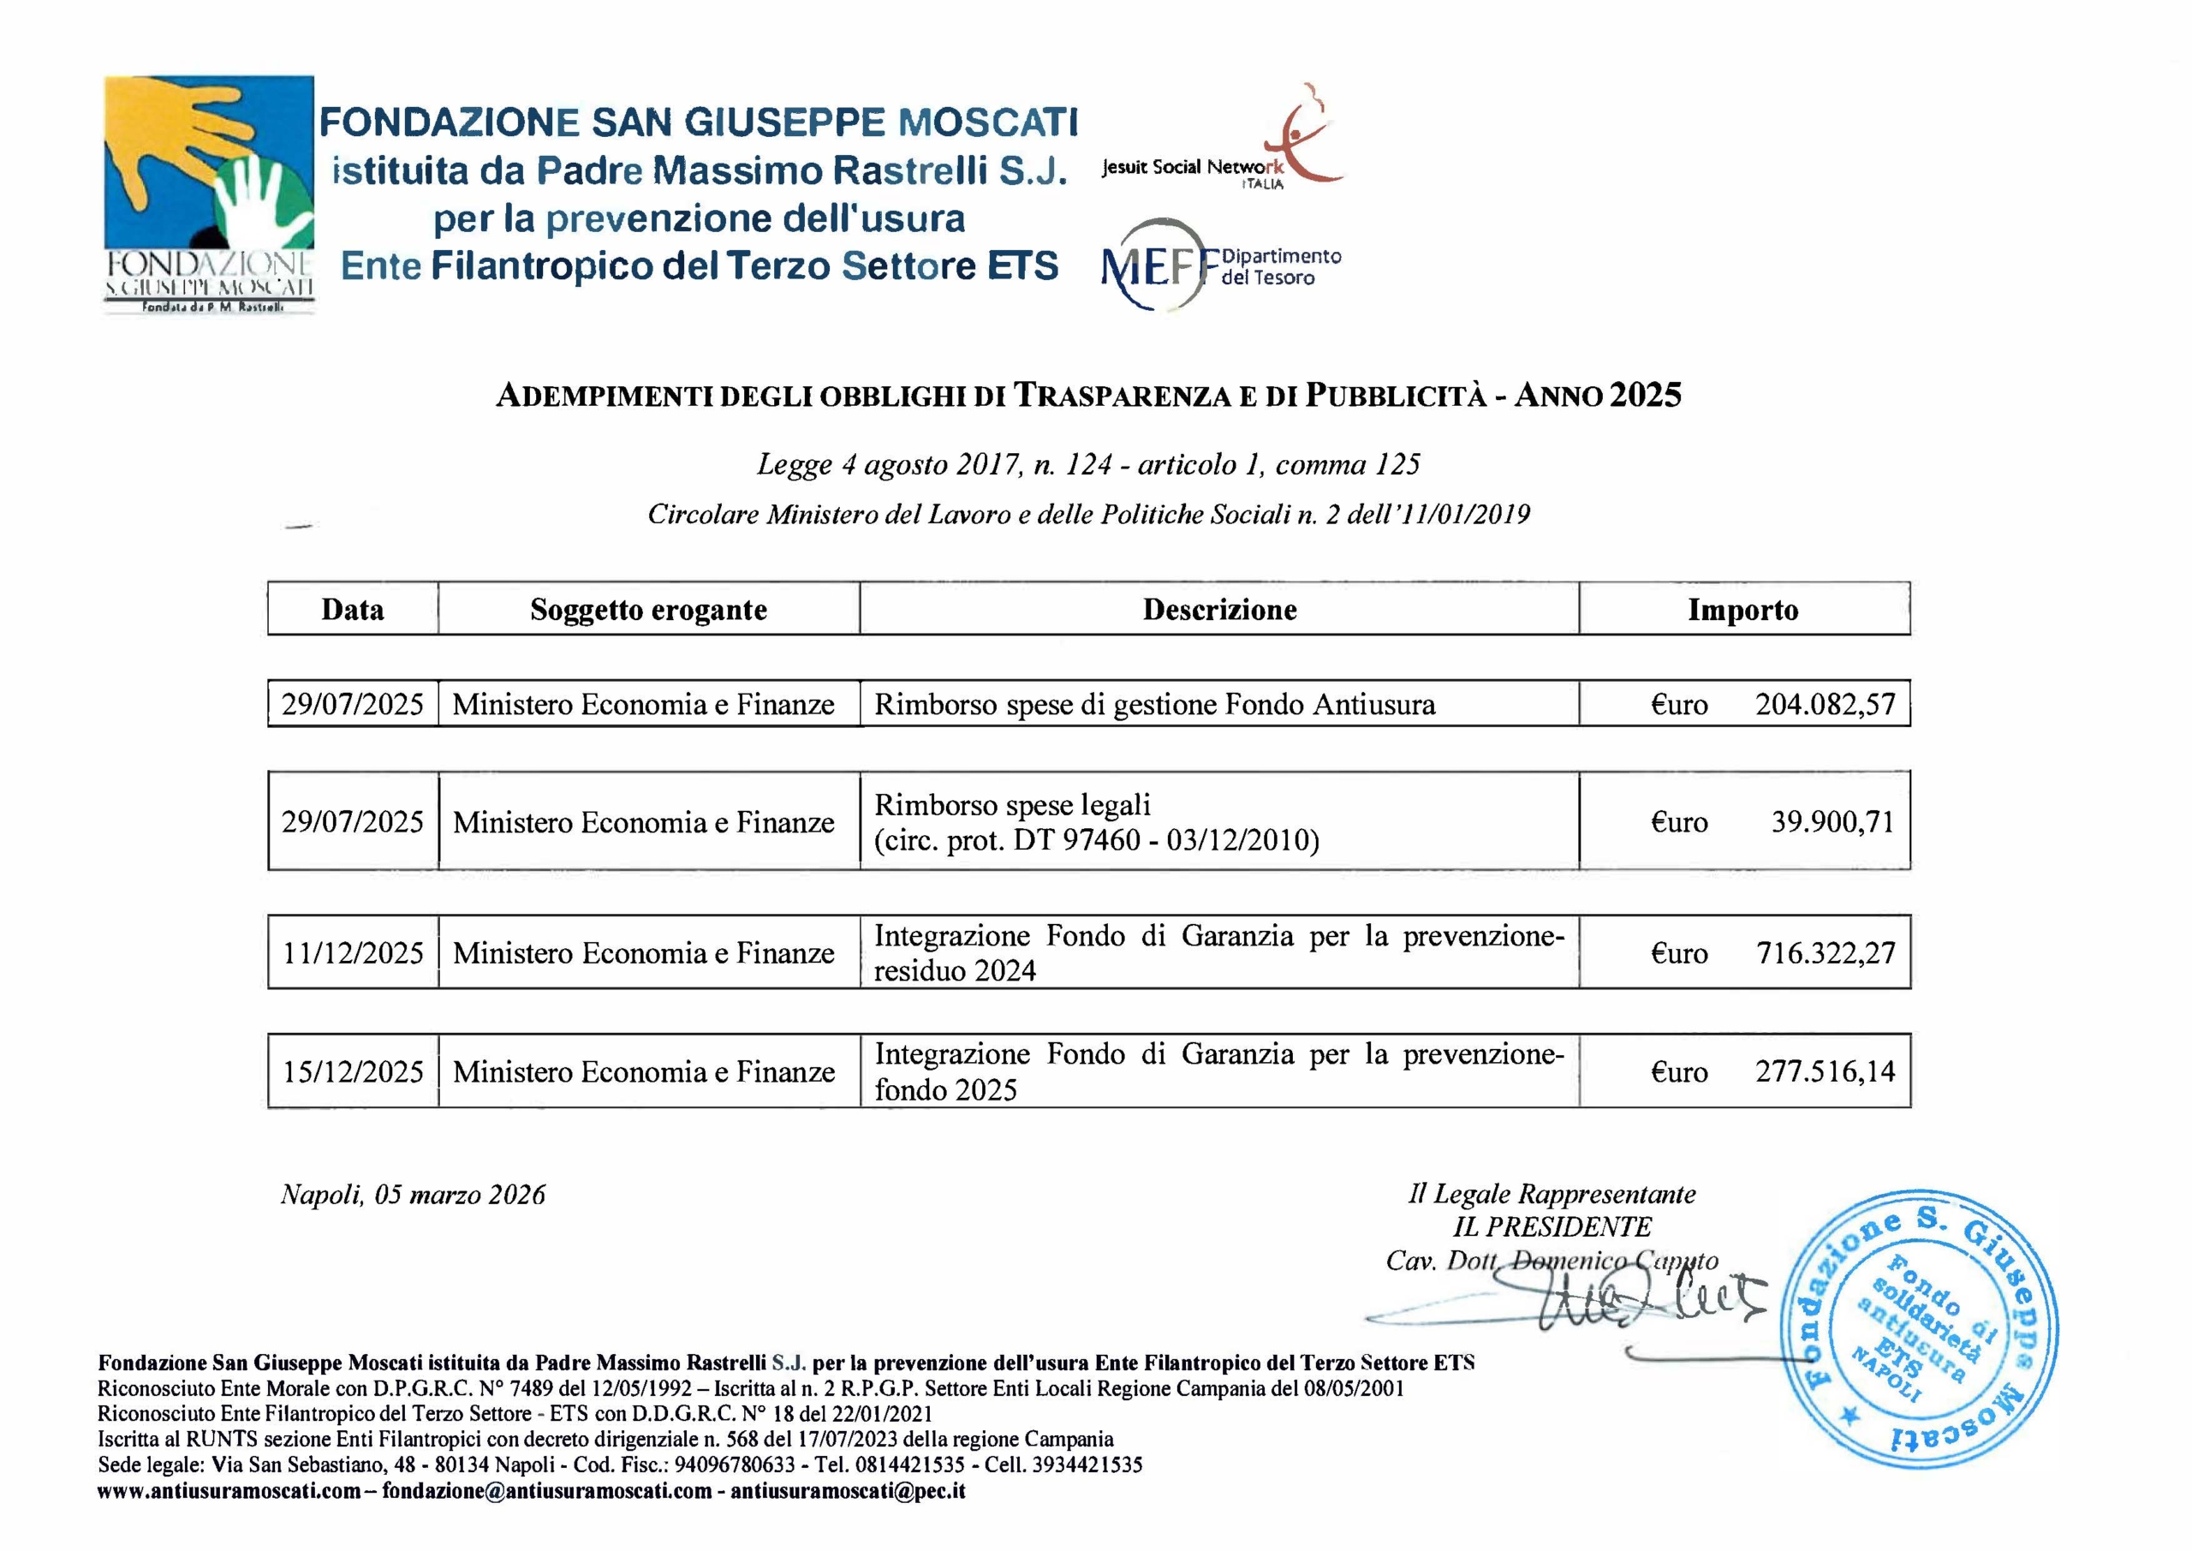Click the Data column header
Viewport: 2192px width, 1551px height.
(x=352, y=609)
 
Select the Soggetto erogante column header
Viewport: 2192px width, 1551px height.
(x=648, y=609)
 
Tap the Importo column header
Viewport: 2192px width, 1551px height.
(x=1742, y=609)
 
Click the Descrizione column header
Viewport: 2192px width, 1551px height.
(x=1219, y=609)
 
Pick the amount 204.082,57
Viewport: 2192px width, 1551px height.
(x=1825, y=705)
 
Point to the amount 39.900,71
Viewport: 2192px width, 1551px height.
(x=1832, y=821)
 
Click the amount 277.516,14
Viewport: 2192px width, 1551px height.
(x=1825, y=1071)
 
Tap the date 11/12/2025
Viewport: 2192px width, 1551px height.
(x=352, y=953)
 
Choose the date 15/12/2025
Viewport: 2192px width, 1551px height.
(x=352, y=1071)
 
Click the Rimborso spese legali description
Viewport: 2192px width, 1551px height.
(x=1096, y=822)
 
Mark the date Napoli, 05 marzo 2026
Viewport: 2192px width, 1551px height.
(x=413, y=1195)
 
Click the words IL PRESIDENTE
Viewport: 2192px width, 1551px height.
(x=1552, y=1227)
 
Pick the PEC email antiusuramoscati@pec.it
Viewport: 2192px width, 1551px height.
(x=848, y=1491)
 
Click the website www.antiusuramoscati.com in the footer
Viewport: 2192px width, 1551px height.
(x=229, y=1491)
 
